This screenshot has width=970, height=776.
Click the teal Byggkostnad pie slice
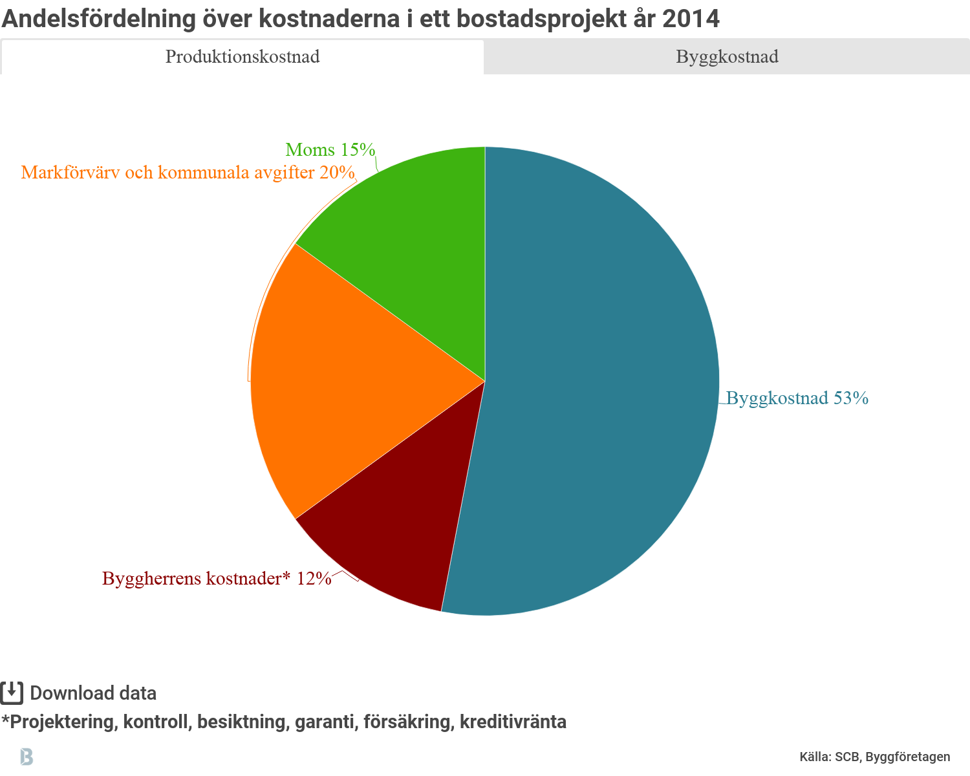click(601, 382)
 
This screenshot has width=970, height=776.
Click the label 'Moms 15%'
click(330, 150)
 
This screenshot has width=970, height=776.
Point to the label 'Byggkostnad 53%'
click(797, 398)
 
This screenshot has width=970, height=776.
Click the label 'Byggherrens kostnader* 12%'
click(217, 578)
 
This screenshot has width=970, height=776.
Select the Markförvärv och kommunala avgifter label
click(188, 173)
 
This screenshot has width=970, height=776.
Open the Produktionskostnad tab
click(242, 57)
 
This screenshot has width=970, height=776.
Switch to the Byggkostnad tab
click(727, 57)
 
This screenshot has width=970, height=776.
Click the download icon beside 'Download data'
click(12, 693)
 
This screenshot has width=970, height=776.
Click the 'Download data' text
click(93, 693)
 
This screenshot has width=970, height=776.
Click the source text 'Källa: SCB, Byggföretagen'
click(875, 757)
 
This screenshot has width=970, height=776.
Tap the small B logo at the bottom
click(27, 756)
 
